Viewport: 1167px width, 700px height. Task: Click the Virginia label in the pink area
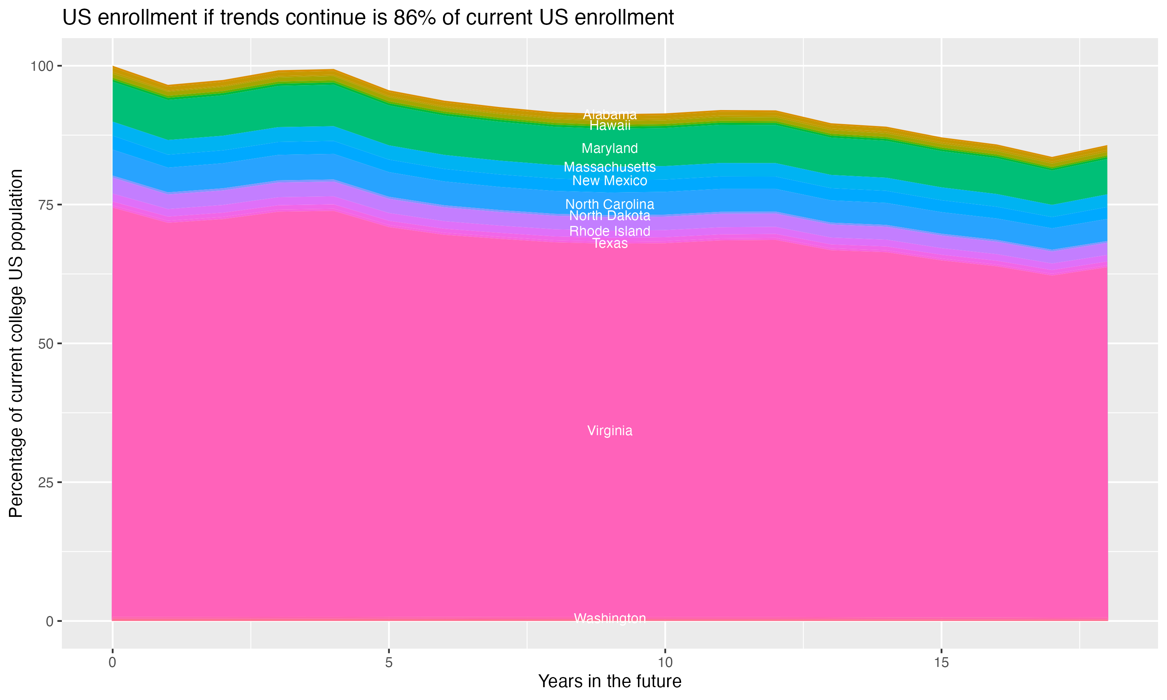610,430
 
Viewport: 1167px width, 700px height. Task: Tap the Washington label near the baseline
610,618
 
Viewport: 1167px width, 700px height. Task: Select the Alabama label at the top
610,115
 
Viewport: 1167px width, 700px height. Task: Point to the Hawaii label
610,126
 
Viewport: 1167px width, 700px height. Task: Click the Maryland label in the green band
610,148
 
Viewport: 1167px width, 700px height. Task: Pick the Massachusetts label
610,167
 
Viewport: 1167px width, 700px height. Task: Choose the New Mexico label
610,181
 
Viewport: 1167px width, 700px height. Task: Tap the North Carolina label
610,204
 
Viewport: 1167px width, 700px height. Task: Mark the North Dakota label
610,215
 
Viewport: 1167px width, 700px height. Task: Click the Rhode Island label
610,231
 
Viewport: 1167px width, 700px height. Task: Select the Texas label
610,243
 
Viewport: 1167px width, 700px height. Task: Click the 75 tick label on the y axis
46,205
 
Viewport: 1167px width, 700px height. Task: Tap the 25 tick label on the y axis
46,482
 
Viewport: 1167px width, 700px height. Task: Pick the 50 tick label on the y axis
46,343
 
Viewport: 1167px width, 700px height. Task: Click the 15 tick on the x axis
941,663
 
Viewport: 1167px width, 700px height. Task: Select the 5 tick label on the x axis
389,663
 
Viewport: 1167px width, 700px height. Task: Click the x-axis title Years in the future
610,681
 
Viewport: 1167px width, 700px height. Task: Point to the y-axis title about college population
16,343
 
